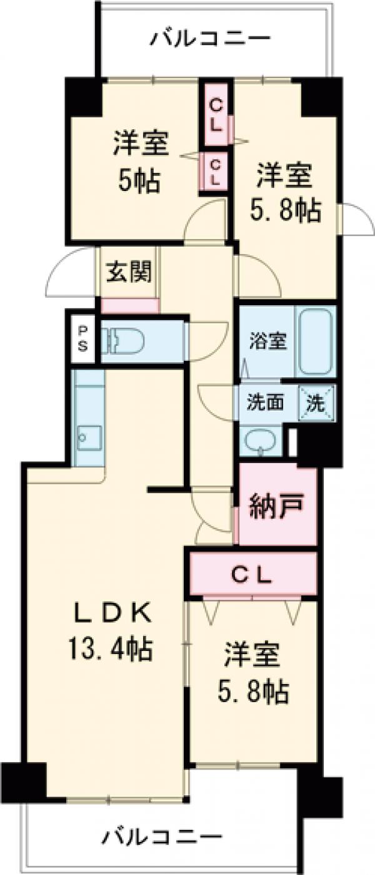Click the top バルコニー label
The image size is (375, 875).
211,39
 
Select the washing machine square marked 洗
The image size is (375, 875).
315,403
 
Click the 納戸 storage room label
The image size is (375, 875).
276,502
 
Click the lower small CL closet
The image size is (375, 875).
214,172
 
